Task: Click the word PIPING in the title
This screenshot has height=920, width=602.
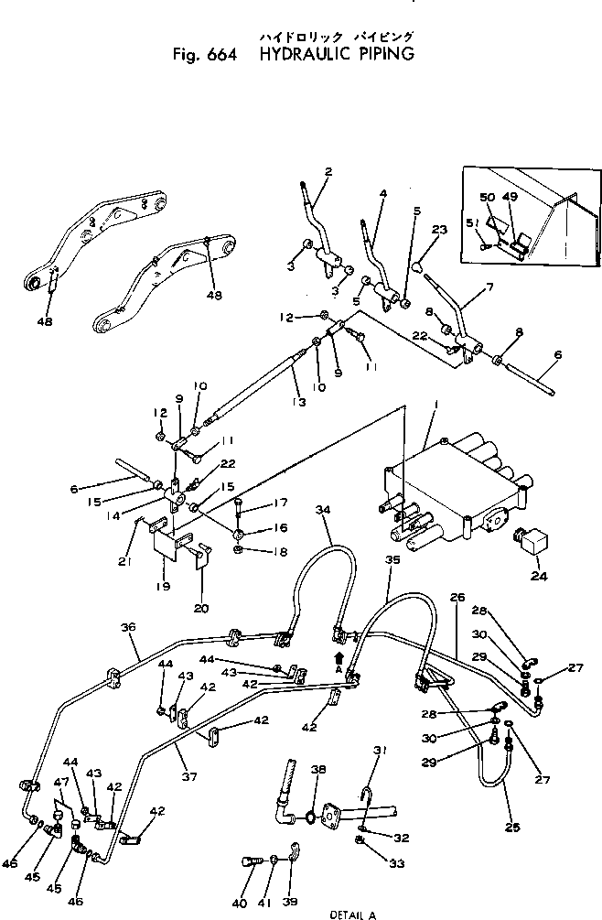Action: (378, 54)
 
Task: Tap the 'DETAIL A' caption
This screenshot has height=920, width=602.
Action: (352, 914)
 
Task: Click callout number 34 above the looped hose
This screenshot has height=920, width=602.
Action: (321, 509)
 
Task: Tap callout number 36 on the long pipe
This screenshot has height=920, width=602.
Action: (127, 627)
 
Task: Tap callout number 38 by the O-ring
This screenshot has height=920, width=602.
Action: (318, 770)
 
